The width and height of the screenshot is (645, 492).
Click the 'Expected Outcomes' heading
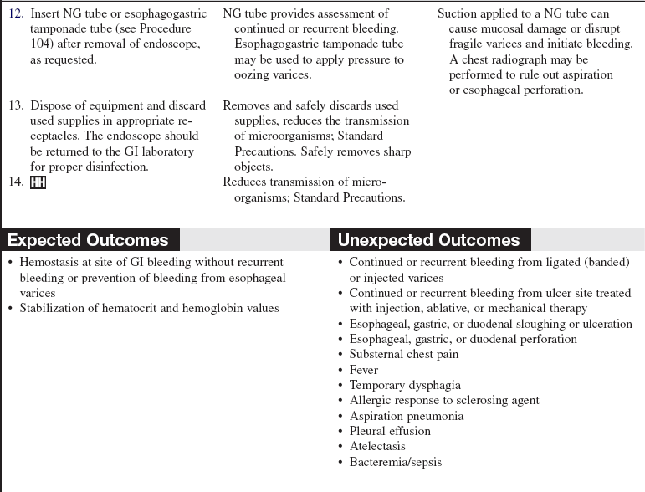(x=88, y=240)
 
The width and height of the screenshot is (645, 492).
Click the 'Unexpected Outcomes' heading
(x=428, y=240)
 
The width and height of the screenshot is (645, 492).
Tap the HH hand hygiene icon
(x=38, y=182)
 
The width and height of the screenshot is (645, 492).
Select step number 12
(x=16, y=13)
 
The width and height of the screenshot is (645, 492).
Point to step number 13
(x=16, y=105)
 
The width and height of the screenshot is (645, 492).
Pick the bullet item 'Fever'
(x=364, y=370)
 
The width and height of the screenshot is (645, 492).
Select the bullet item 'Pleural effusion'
(x=390, y=431)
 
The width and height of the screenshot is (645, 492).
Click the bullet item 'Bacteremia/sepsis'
(x=395, y=462)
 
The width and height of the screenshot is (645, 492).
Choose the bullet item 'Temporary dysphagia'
(x=405, y=385)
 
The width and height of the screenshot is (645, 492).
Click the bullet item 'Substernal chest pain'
(x=404, y=354)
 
